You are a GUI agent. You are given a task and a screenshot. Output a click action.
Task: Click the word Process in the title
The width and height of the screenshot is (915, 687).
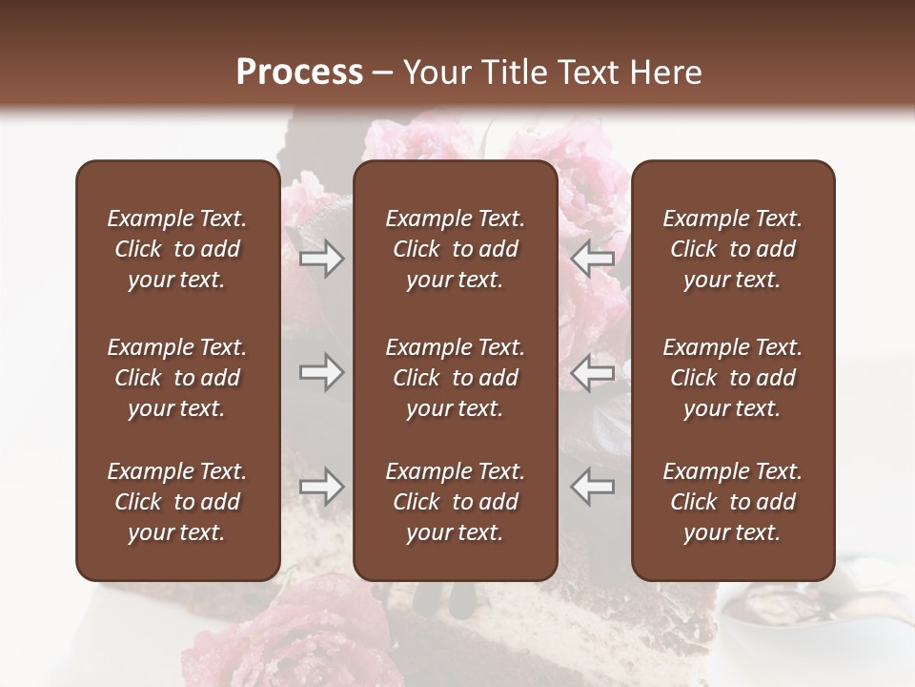pos(299,73)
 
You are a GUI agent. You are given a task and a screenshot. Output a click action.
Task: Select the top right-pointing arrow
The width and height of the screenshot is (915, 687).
pos(321,259)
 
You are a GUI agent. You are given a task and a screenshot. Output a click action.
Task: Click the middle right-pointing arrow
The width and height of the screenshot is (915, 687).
pos(321,373)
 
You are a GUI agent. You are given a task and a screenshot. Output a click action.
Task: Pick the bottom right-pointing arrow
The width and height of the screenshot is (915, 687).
pos(321,487)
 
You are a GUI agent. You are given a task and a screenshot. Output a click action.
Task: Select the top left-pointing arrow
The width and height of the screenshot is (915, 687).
pos(593,259)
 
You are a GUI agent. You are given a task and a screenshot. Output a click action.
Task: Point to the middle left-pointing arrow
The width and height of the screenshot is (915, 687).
pos(593,373)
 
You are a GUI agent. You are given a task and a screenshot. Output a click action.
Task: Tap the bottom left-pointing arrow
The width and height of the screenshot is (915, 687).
pos(593,487)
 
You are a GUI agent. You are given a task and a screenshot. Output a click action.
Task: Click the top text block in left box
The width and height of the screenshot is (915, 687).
pos(177,249)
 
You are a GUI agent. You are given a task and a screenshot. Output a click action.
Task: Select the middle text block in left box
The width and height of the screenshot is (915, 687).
pos(177,378)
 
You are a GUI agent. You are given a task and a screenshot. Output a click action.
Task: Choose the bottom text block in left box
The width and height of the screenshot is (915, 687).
pos(177,502)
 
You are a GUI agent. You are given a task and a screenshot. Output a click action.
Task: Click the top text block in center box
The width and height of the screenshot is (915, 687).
pos(455,249)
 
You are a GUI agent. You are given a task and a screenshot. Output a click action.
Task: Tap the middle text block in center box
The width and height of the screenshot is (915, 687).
pos(455,378)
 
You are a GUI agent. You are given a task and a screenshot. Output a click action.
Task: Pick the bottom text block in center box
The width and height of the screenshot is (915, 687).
pos(455,502)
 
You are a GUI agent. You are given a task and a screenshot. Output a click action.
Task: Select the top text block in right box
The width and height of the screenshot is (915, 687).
pos(732,249)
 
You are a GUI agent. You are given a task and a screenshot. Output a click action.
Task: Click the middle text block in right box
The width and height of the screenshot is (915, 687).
pos(732,378)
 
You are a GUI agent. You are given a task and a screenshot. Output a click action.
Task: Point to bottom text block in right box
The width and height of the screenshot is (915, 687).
pos(732,502)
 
